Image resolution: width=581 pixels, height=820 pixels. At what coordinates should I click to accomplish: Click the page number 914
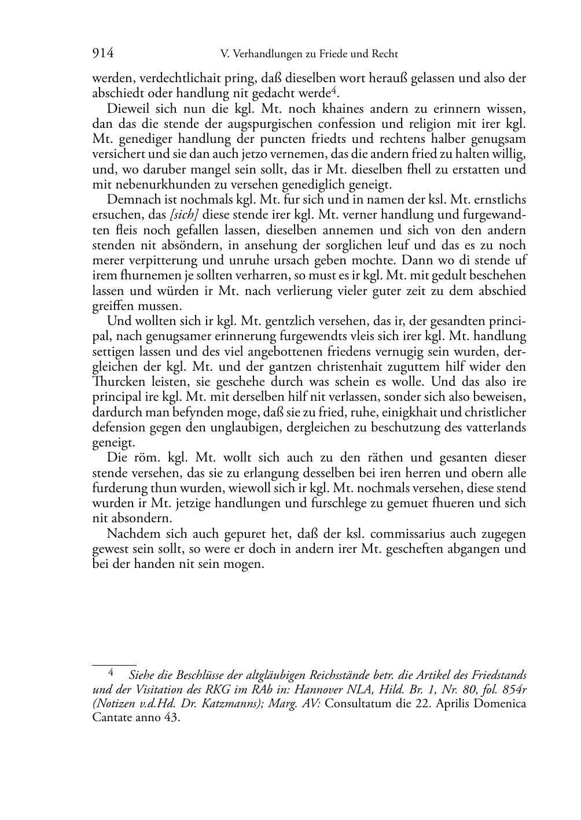click(103, 54)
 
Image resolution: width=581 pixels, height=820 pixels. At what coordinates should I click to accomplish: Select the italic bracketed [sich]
click(181, 215)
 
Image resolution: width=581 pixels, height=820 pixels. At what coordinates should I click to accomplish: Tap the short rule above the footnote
click(114, 666)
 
